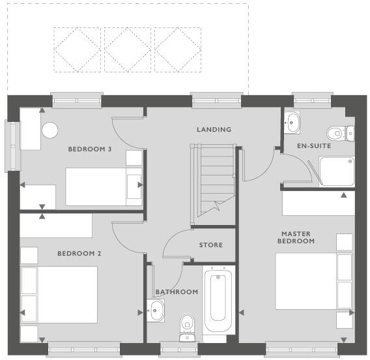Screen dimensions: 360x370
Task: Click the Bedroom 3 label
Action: coord(90,149)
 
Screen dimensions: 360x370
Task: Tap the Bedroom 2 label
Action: coord(79,253)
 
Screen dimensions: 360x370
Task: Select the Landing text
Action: coord(214,130)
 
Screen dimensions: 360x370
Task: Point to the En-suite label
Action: coord(314,146)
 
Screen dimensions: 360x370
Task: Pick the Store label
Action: coord(210,245)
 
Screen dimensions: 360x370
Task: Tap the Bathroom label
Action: coord(177,292)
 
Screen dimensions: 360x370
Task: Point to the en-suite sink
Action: coord(292,121)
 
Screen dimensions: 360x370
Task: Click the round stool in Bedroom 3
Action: coord(50,130)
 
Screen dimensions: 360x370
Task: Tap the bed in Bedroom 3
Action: coord(104,187)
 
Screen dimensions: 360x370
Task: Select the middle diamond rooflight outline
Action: coord(128,49)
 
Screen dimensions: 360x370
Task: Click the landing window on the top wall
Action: coord(217,100)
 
